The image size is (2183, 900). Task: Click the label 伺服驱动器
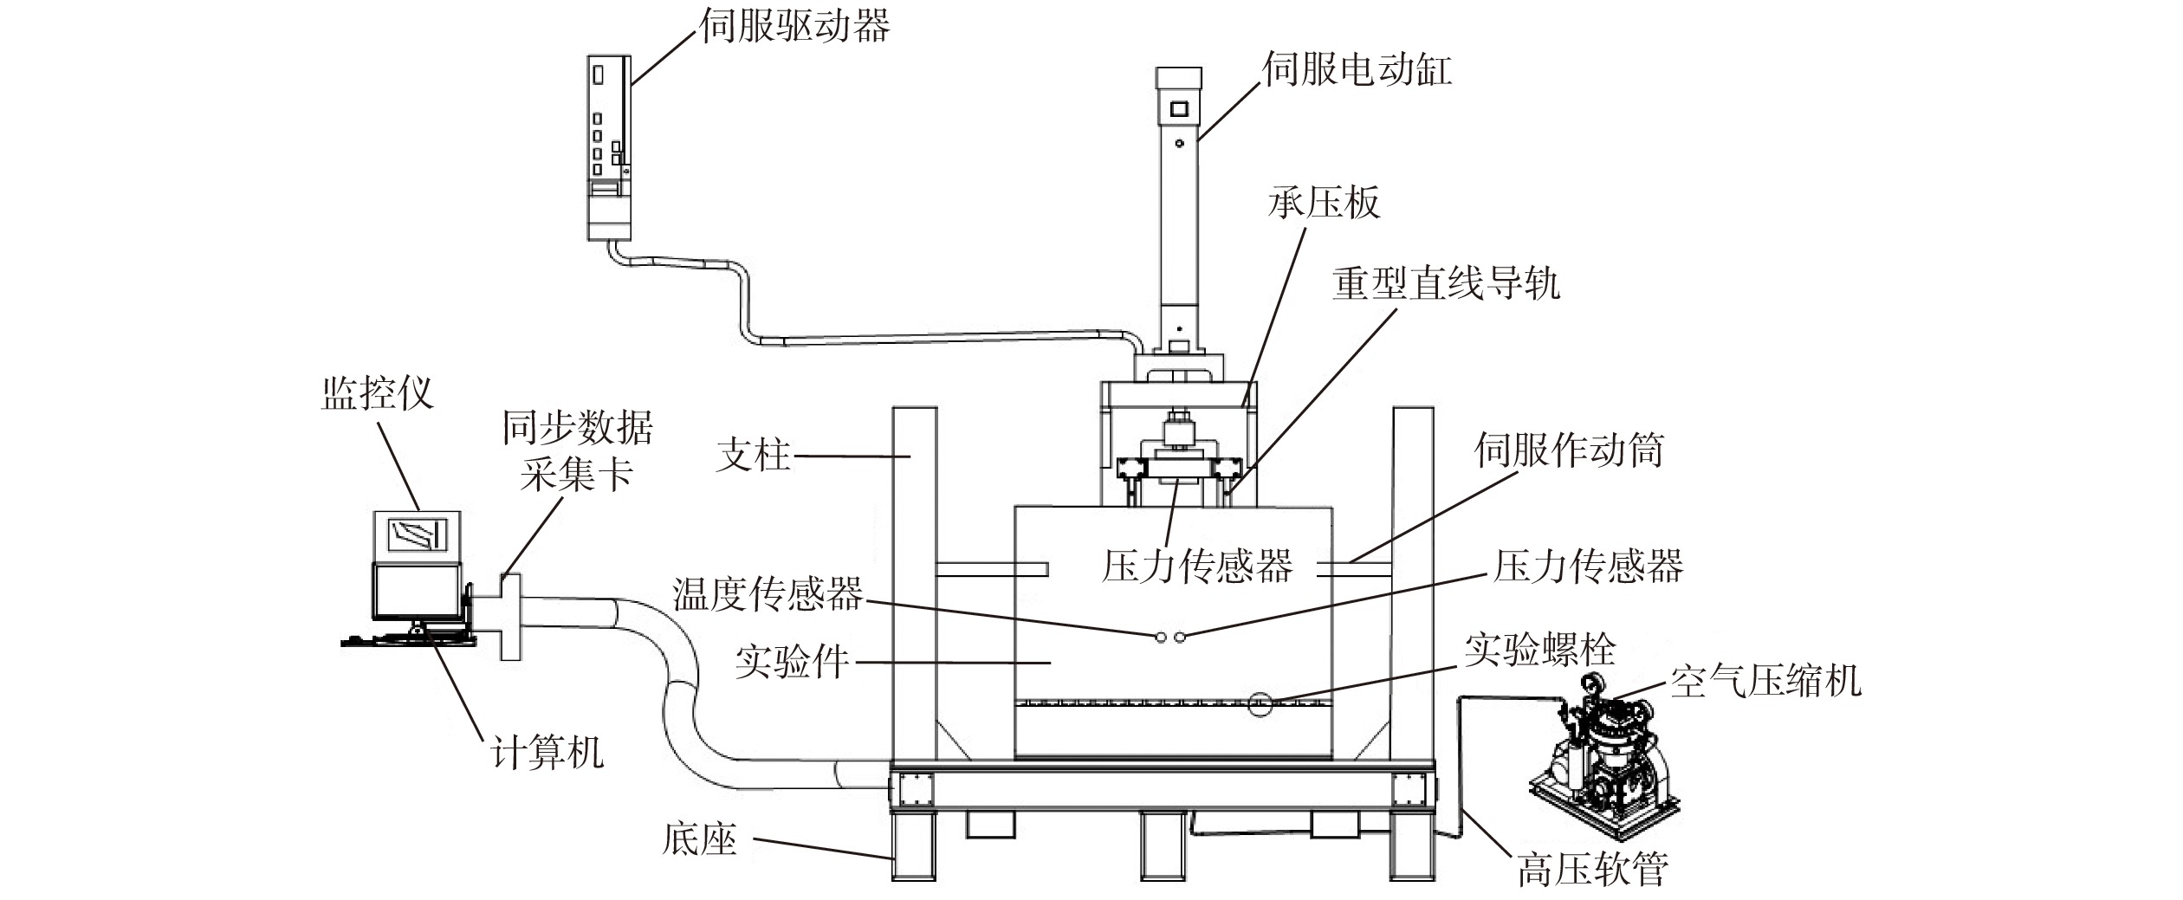point(794,25)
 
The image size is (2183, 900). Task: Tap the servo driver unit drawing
point(610,147)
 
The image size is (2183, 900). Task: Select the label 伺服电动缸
point(1357,68)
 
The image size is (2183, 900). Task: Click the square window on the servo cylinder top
point(1179,109)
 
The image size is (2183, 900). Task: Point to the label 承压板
point(1324,203)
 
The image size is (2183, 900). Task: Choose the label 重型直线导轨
point(1446,282)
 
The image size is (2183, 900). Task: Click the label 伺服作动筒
point(1569,450)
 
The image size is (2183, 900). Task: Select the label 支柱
point(754,455)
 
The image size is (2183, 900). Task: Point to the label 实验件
point(792,663)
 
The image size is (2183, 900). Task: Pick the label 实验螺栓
point(1539,650)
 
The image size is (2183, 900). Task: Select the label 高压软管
point(1592,869)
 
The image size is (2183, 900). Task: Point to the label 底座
point(699,839)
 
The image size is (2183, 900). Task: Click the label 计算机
point(546,752)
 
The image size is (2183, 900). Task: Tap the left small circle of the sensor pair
point(1160,638)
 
